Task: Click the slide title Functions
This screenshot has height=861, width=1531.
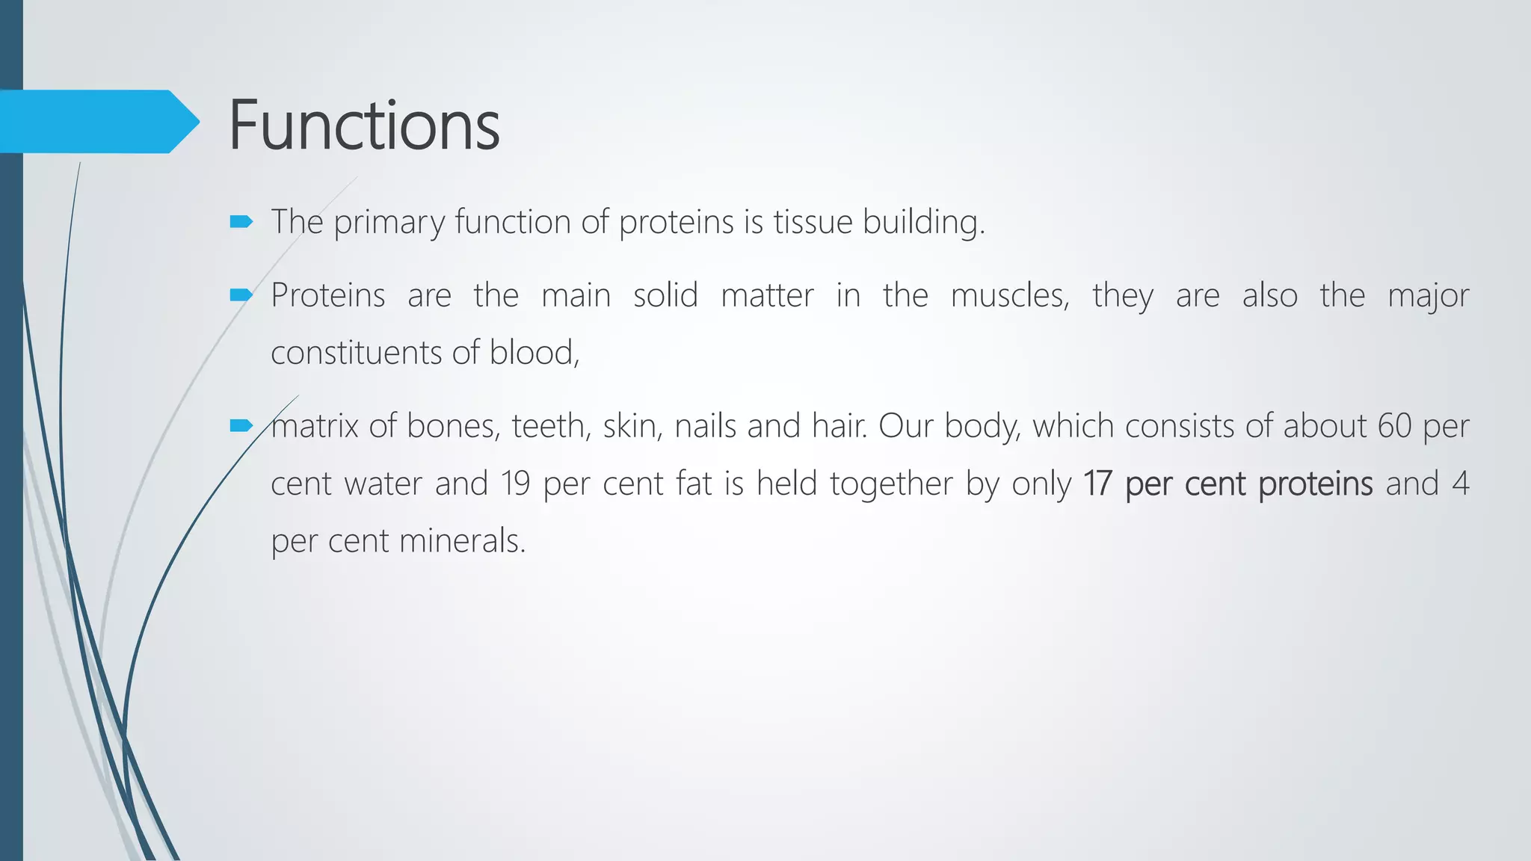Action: [x=363, y=125]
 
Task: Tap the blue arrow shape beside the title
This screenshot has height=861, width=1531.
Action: [x=97, y=121]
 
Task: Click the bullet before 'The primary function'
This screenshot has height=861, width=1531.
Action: [x=241, y=221]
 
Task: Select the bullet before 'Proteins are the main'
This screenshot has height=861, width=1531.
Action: [x=241, y=295]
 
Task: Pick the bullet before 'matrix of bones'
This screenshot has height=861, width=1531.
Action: [x=241, y=426]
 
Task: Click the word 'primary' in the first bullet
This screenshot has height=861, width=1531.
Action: [x=389, y=223]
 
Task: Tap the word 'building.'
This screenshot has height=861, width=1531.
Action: [x=924, y=222]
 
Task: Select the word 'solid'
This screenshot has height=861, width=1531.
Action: [x=665, y=295]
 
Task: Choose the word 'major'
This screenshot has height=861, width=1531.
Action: [x=1428, y=296]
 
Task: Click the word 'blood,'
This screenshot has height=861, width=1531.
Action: [x=535, y=353]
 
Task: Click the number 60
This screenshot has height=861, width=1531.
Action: [x=1394, y=426]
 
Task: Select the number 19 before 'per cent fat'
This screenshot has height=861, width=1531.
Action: [x=516, y=484]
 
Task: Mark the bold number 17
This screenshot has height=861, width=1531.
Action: [x=1097, y=484]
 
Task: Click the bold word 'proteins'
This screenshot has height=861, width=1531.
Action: [x=1315, y=484]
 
